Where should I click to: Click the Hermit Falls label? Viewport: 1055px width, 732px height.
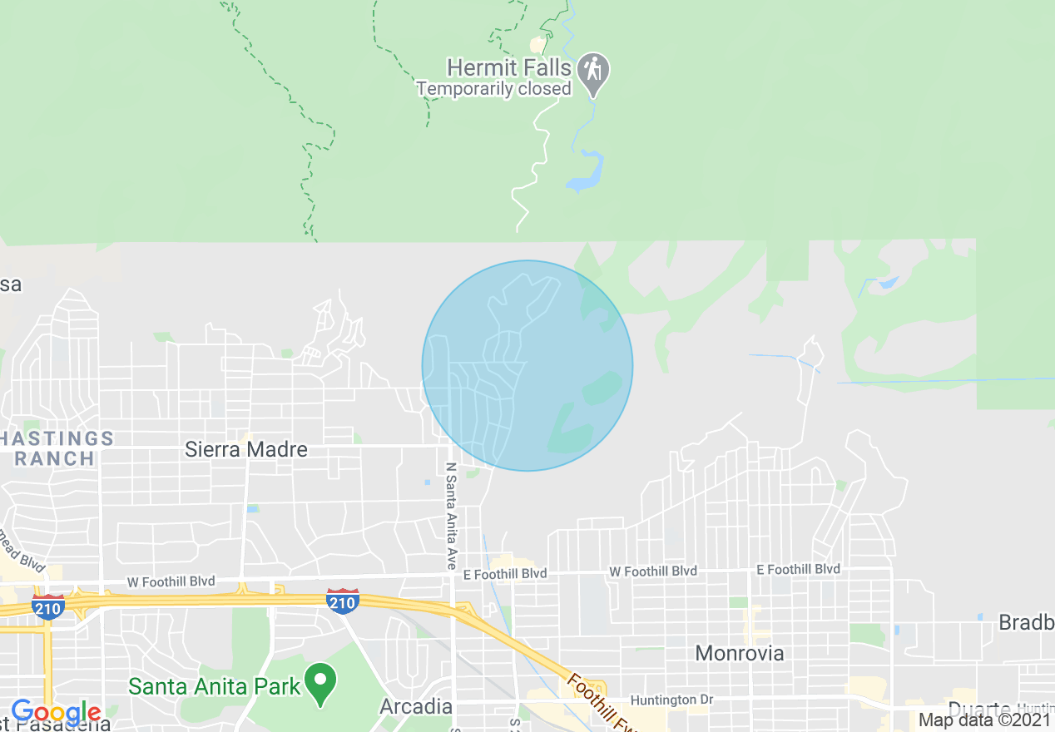pyautogui.click(x=509, y=67)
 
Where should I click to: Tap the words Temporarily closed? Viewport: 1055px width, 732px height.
pyautogui.click(x=493, y=89)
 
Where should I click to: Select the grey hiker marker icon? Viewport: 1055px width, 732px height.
pyautogui.click(x=593, y=70)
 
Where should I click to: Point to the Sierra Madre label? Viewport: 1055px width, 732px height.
pyautogui.click(x=246, y=449)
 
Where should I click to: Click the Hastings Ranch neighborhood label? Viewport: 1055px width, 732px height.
pyautogui.click(x=58, y=448)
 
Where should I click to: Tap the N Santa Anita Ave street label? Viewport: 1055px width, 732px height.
pyautogui.click(x=452, y=516)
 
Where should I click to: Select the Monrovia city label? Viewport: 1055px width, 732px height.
pyautogui.click(x=740, y=653)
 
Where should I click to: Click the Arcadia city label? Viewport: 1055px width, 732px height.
pyautogui.click(x=416, y=707)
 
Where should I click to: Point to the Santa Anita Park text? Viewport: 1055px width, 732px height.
pyautogui.click(x=214, y=686)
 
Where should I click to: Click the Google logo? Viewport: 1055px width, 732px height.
pyautogui.click(x=56, y=713)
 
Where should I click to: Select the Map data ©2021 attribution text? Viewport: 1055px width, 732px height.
pyautogui.click(x=984, y=720)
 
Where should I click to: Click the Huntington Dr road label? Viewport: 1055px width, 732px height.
pyautogui.click(x=671, y=700)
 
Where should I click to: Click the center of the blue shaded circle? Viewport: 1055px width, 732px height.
pyautogui.click(x=527, y=366)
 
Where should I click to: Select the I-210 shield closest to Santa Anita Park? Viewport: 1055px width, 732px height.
pyautogui.click(x=343, y=601)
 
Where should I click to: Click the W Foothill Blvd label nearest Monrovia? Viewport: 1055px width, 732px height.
pyautogui.click(x=653, y=571)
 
